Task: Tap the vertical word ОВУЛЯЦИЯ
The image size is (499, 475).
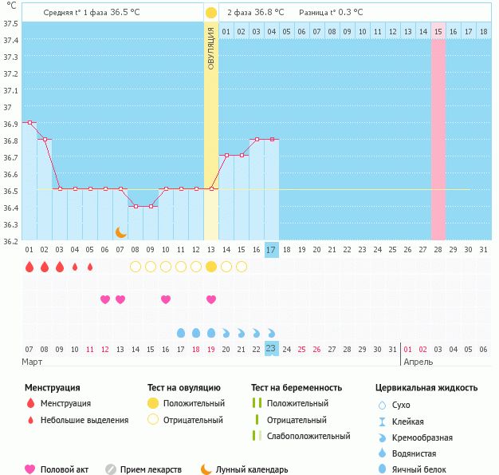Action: point(210,49)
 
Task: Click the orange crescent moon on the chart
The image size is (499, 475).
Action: point(120,232)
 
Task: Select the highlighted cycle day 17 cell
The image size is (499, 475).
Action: point(271,250)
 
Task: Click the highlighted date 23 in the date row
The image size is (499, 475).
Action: point(271,349)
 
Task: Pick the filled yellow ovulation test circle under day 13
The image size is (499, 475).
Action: point(211,267)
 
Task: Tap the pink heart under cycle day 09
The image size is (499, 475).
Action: point(166,299)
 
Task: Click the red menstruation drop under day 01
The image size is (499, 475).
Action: point(29,267)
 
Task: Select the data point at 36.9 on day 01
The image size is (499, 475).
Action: point(29,122)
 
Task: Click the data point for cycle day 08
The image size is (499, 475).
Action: point(136,206)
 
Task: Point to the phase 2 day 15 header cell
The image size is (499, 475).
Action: point(438,32)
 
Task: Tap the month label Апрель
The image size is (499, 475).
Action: point(418,362)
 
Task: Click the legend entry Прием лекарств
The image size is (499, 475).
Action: point(151,469)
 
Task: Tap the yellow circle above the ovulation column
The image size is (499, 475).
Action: point(210,13)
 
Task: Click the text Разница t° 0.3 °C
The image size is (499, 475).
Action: point(330,13)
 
